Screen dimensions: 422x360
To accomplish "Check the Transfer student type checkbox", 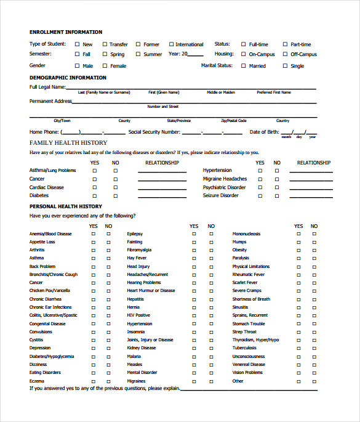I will [x=105, y=44].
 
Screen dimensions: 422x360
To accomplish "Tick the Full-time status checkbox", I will [x=244, y=44].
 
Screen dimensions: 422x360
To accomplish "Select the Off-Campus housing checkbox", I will [x=286, y=54].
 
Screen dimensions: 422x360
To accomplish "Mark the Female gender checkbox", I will [x=105, y=66].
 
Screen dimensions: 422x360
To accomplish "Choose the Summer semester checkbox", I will [x=138, y=54].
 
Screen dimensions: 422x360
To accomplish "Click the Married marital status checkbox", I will [x=244, y=66].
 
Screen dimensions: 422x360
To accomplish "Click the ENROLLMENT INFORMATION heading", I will [x=66, y=32].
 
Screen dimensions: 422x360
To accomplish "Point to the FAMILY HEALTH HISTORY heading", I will [x=68, y=143].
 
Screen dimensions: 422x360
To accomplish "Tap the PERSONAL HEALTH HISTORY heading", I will [x=66, y=206].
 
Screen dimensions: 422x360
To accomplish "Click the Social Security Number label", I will [x=154, y=132].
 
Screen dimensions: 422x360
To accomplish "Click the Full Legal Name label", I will [x=47, y=87].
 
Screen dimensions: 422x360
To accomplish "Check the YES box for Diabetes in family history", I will [x=95, y=196].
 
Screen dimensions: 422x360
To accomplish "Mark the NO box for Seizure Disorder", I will [x=277, y=196].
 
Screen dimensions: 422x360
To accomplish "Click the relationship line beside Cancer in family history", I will [x=162, y=179].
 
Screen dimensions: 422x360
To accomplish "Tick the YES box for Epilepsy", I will [x=194, y=234].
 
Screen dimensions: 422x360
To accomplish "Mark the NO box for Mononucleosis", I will [x=314, y=234].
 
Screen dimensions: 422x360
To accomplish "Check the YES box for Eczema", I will [x=94, y=381].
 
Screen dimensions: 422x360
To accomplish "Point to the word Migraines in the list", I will [x=137, y=381].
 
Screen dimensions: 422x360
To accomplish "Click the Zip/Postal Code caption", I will [x=234, y=121].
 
